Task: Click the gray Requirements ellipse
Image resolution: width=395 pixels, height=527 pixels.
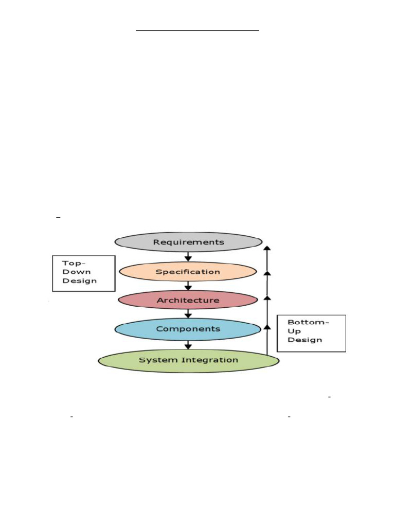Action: [x=188, y=242]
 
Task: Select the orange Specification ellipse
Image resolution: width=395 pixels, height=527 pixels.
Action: [x=188, y=271]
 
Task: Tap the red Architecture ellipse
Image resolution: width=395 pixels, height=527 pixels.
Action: [x=188, y=300]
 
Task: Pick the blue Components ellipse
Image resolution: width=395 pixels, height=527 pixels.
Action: [x=188, y=329]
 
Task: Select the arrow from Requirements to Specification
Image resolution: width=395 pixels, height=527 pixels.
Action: [x=188, y=256]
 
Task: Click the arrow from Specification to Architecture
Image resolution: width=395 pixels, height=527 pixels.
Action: [x=188, y=286]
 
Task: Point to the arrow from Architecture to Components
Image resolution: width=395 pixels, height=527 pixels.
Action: [x=188, y=313]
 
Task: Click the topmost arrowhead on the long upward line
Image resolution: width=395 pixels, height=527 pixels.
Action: [x=267, y=249]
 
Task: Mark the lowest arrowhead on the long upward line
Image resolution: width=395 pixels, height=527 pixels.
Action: [x=267, y=326]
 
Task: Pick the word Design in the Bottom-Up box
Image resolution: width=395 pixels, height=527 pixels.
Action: [x=304, y=340]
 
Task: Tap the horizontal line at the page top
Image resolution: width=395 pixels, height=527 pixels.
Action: [x=197, y=31]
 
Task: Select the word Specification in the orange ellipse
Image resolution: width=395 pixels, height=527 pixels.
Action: [x=188, y=271]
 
